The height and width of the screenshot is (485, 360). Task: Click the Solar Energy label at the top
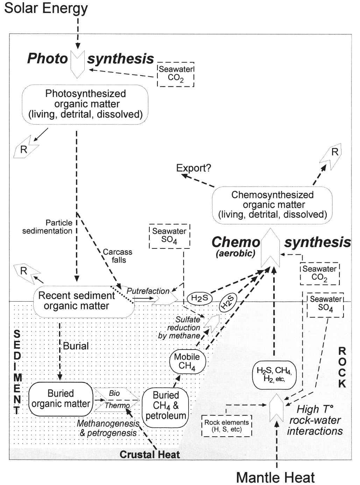coord(46,8)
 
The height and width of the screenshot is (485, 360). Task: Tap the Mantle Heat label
coord(275,477)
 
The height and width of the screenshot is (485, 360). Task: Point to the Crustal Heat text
coord(149,454)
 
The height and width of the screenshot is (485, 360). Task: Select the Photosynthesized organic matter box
coord(85,104)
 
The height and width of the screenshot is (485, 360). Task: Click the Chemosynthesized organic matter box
coord(272,205)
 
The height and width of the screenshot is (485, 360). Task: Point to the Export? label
coord(193,168)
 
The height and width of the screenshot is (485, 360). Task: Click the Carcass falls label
coord(118,256)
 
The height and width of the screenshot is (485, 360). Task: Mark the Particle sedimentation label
coord(48,227)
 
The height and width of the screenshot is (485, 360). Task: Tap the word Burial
coord(76,346)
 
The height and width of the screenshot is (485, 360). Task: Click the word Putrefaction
coord(148,291)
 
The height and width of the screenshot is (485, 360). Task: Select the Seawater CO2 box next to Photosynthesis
coord(176,74)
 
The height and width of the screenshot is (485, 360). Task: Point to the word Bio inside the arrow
coord(114,393)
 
